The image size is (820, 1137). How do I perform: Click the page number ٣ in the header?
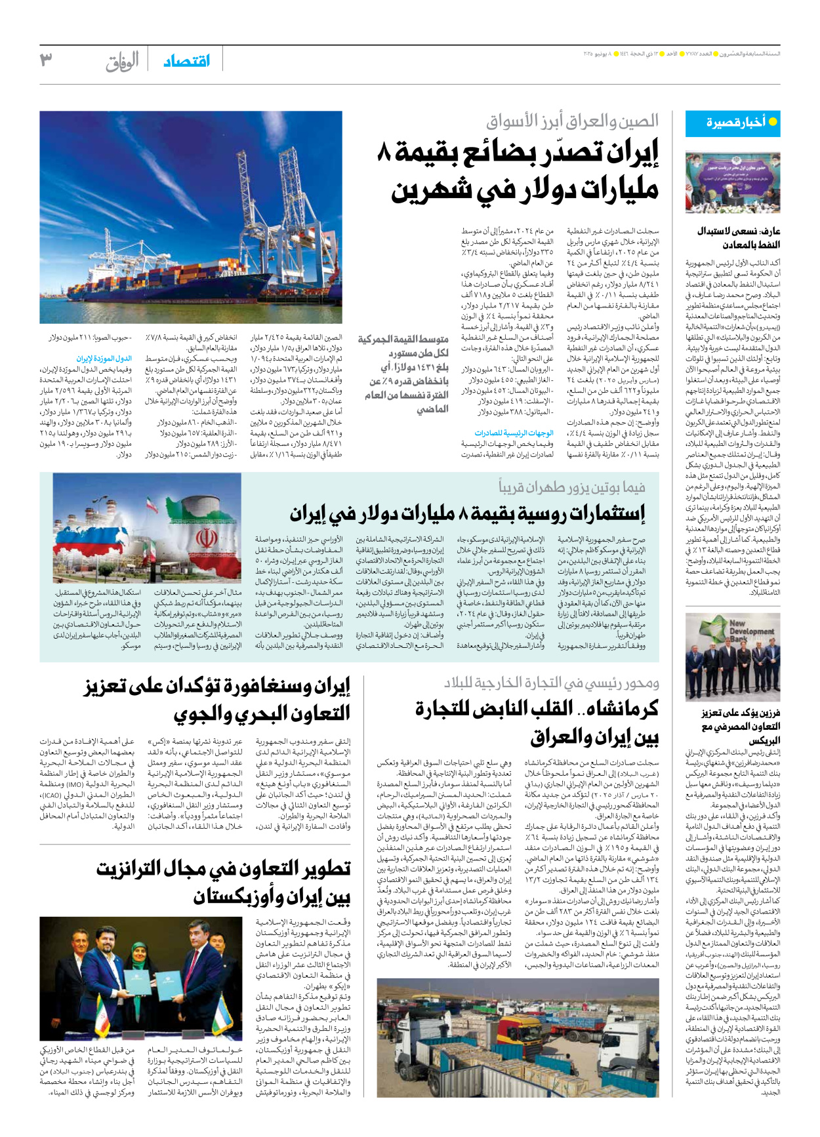pyautogui.click(x=46, y=60)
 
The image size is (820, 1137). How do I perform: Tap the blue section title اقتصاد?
pyautogui.click(x=187, y=61)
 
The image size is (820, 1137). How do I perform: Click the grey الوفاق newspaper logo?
pyautogui.click(x=122, y=62)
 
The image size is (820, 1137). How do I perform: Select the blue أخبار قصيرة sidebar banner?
pyautogui.click(x=733, y=123)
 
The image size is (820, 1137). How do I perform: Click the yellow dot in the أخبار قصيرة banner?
pyautogui.click(x=772, y=122)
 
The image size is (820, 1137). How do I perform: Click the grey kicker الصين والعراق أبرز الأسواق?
pyautogui.click(x=572, y=121)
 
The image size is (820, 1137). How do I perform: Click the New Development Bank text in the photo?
pyautogui.click(x=746, y=631)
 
